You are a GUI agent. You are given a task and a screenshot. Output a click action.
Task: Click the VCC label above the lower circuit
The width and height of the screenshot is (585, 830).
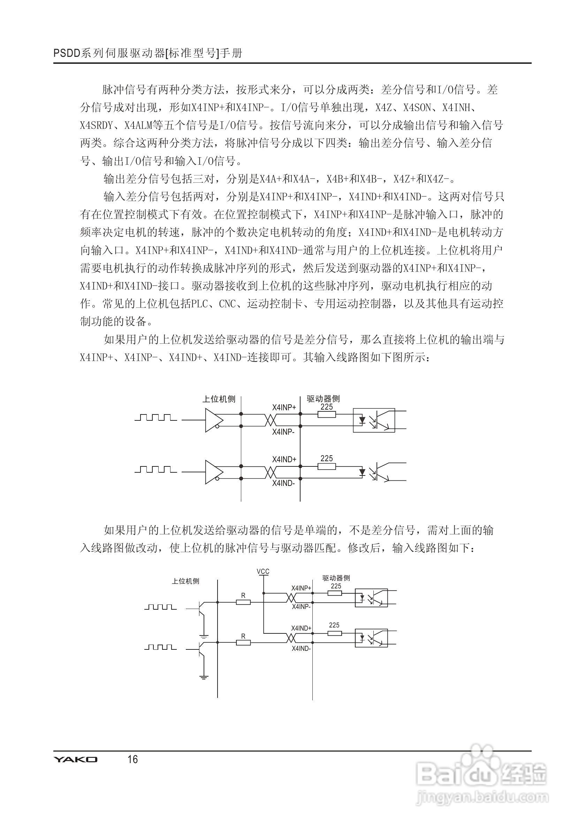pos(263,572)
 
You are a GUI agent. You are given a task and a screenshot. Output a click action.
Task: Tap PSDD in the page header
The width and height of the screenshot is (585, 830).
pos(67,53)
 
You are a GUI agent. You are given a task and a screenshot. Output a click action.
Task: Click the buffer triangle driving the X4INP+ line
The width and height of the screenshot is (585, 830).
pos(214,420)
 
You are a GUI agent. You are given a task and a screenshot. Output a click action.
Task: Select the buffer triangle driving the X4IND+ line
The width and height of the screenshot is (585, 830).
pos(214,472)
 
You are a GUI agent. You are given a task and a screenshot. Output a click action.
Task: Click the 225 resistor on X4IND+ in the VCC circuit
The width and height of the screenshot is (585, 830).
pos(334,633)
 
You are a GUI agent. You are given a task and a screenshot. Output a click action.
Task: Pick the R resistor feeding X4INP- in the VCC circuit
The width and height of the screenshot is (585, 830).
pos(243,602)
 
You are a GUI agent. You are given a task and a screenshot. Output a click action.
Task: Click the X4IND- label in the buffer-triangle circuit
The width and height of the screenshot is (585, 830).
pos(284,483)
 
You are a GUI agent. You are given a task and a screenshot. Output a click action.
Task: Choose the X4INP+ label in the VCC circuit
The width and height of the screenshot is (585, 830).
pos(301,588)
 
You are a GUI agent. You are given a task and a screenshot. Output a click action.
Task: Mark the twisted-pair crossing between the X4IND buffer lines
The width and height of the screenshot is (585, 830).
pos(271,472)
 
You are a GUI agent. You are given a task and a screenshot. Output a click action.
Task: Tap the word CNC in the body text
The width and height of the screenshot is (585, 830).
pos(227,304)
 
